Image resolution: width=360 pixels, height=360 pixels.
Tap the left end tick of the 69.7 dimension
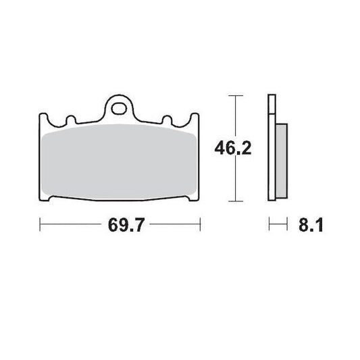[x=41, y=224]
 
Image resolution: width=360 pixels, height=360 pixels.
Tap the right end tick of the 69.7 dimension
[x=201, y=224]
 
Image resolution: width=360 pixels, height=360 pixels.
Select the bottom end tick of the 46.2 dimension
[x=234, y=201]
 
